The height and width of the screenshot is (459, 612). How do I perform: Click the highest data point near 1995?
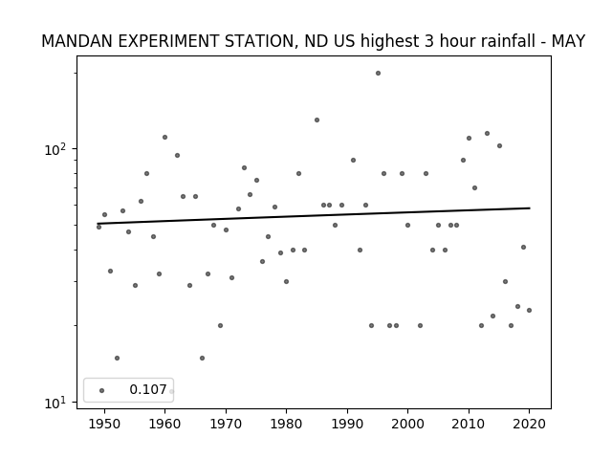378,73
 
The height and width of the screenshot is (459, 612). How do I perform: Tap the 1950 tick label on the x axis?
104,424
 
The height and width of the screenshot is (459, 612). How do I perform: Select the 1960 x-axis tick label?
164,424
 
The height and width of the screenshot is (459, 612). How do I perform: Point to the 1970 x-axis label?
226,424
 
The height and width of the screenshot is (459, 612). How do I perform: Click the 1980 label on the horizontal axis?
286,424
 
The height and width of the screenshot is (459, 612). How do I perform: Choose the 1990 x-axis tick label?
347,424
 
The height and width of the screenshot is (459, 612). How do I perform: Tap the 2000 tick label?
408,424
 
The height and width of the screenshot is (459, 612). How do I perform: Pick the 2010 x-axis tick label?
469,424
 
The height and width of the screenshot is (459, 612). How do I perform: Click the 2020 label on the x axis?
529,424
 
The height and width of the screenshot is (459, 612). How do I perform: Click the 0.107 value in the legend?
148,389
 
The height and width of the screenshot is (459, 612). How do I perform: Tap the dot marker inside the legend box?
102,390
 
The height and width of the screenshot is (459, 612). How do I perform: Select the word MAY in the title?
568,41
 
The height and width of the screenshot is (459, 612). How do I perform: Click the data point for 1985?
317,120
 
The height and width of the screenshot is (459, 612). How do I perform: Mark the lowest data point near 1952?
117,358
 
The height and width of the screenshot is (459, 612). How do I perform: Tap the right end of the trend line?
530,208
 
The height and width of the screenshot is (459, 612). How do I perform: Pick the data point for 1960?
164,137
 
